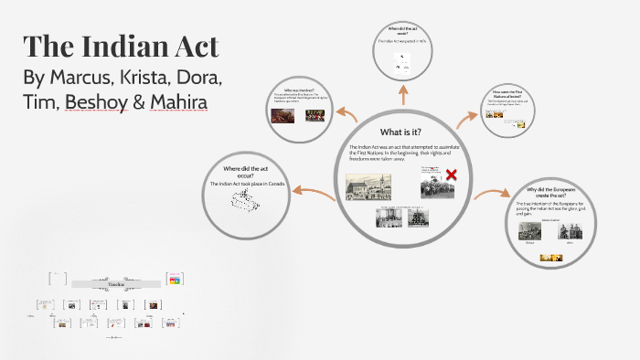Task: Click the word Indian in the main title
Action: point(127,48)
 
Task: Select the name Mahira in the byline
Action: point(180,102)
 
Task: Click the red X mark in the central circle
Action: point(451,174)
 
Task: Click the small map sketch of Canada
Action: point(248,203)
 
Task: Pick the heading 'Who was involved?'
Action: point(298,90)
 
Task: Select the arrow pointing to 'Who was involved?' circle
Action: point(347,114)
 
